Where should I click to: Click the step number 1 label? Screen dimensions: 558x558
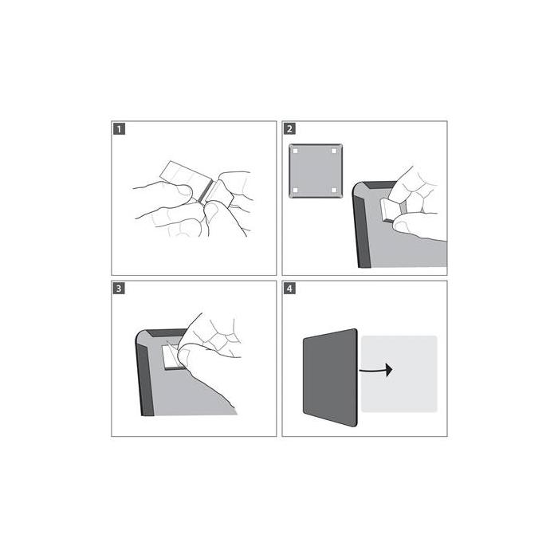[118, 128]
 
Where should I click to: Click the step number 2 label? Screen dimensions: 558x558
[289, 128]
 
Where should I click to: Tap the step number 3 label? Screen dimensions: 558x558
[118, 288]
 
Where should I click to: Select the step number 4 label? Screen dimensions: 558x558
[289, 288]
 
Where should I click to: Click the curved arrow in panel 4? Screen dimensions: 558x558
[377, 370]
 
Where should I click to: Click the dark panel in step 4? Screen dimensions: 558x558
[329, 373]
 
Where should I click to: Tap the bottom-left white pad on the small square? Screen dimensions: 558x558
[295, 189]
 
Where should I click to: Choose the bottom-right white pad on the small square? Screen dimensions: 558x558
[333, 189]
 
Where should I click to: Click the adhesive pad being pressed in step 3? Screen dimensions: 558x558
[171, 356]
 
